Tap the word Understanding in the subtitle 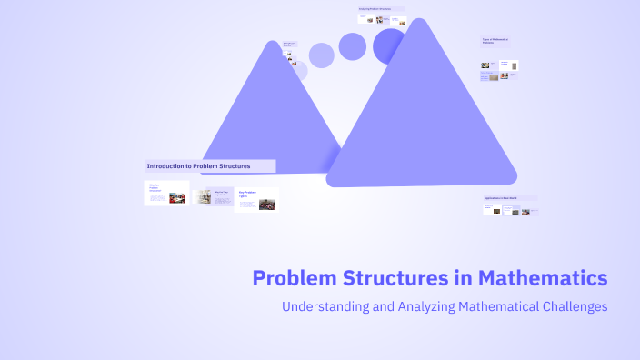(x=324, y=306)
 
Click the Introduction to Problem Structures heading (x=210, y=166)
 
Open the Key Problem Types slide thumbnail (x=256, y=199)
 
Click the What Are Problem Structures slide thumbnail (x=166, y=193)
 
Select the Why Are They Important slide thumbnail (x=213, y=195)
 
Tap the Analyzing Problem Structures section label (x=381, y=9)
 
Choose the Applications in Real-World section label (x=510, y=197)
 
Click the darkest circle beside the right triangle (x=389, y=45)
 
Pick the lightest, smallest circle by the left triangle (x=297, y=71)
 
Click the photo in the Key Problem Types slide (x=266, y=205)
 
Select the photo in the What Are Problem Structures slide (x=177, y=197)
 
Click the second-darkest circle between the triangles (x=353, y=46)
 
